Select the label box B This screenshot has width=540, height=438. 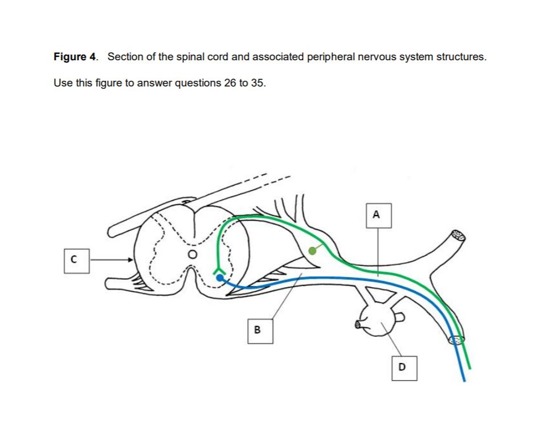(257, 329)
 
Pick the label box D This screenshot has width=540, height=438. (403, 367)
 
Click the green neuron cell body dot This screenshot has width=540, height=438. (312, 250)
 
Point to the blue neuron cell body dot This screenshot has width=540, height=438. (220, 278)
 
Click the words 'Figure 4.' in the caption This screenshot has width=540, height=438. (75, 57)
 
